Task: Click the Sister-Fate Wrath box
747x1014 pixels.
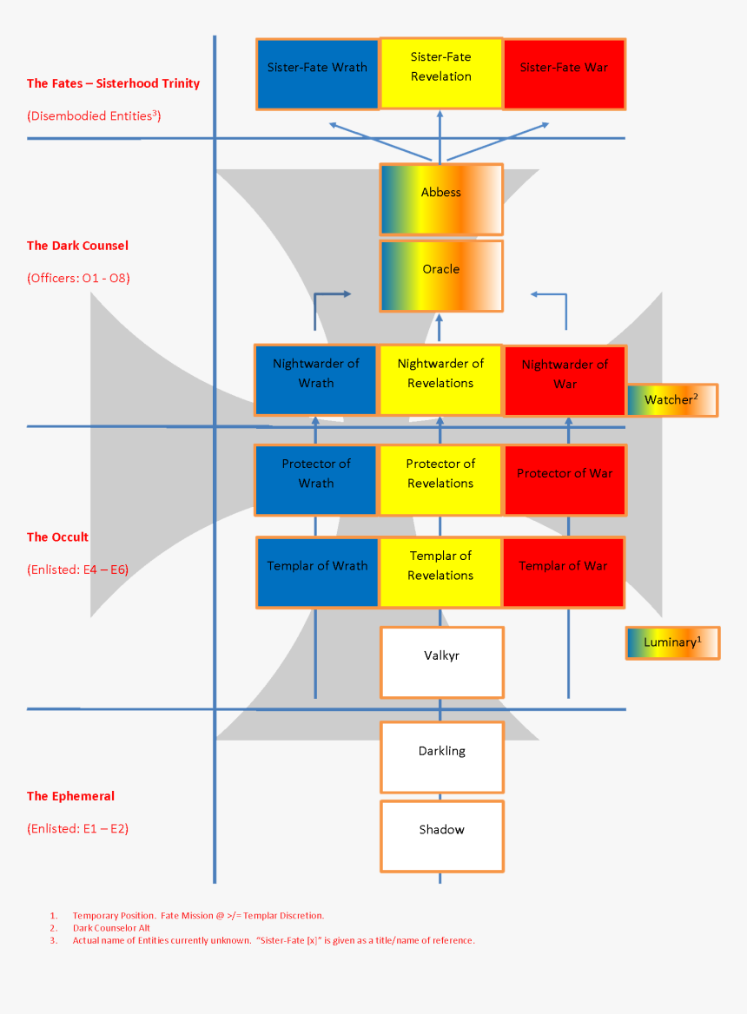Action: (318, 74)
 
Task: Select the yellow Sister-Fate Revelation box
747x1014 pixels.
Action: (441, 74)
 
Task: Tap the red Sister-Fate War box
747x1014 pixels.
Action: (564, 74)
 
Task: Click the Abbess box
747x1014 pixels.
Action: (441, 199)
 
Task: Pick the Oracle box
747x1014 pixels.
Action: (441, 275)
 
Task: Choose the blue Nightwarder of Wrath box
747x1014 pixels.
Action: (316, 380)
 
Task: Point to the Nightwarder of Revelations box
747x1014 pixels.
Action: (440, 380)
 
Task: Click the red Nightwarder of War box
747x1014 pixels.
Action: (565, 380)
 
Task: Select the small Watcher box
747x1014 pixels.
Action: (671, 400)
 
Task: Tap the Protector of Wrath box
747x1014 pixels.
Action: (316, 480)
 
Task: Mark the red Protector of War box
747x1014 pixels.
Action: (565, 480)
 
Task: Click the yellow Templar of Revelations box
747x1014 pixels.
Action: (440, 572)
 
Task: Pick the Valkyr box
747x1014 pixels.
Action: (441, 662)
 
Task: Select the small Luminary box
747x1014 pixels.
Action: (671, 642)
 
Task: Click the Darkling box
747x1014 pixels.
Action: (441, 757)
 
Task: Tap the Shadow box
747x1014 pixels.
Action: (441, 836)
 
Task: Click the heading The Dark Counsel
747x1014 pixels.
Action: (77, 246)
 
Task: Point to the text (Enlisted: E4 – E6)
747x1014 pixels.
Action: (77, 570)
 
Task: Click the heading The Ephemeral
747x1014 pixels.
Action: (70, 796)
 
